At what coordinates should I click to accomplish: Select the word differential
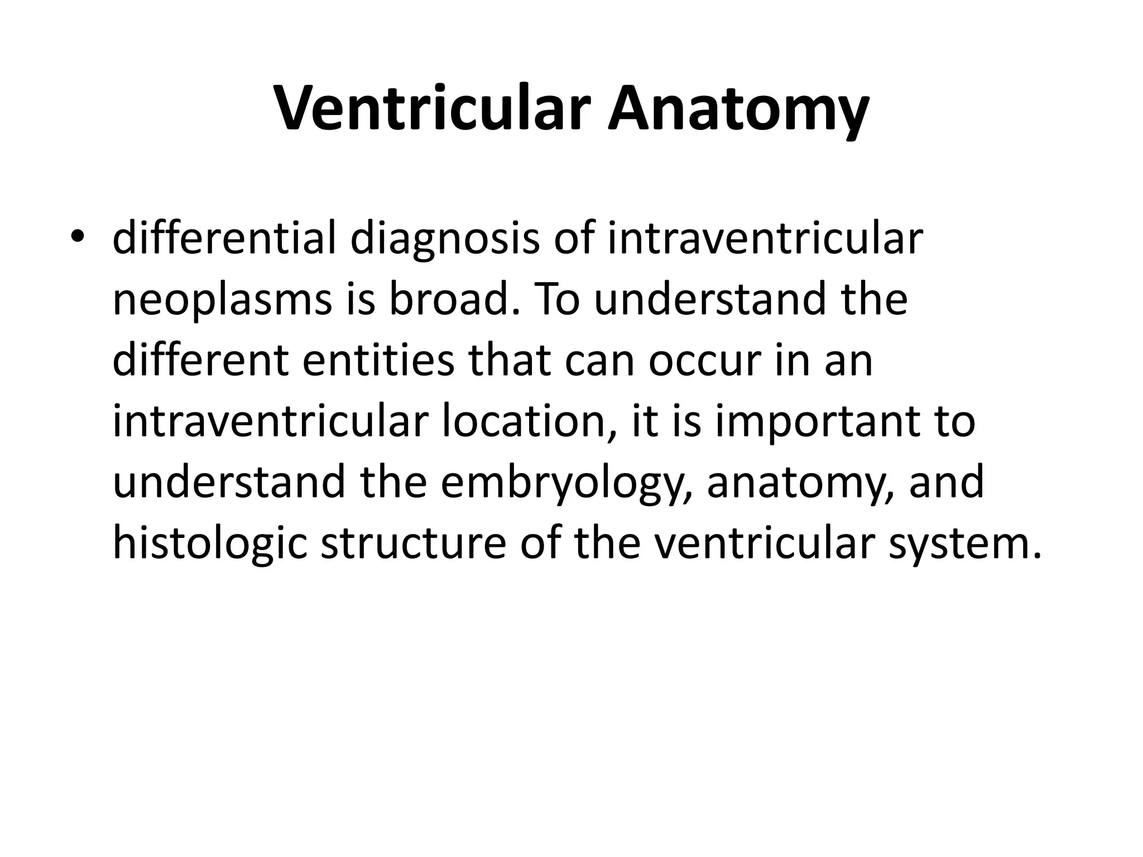pos(224,239)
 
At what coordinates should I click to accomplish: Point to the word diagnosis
pos(445,239)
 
